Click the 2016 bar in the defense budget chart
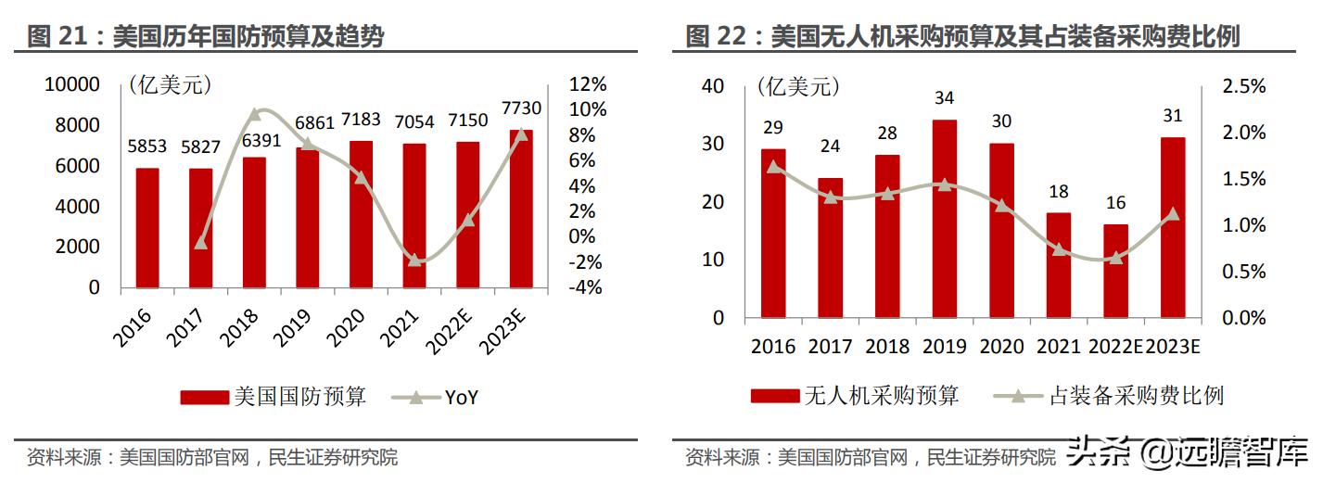click(147, 227)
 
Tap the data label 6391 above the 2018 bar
click(254, 141)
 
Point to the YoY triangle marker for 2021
click(414, 261)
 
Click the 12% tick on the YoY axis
click(587, 84)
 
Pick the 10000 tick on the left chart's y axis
click(72, 84)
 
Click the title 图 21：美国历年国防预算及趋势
click(206, 36)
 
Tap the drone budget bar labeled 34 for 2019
click(945, 218)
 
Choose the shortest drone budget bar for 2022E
click(1115, 271)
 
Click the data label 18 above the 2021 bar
click(1058, 192)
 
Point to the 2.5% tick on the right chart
click(1242, 86)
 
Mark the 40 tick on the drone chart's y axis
click(712, 86)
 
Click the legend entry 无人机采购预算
click(854, 396)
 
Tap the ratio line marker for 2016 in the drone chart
click(774, 167)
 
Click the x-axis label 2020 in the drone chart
click(1001, 347)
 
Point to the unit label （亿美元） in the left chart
click(171, 86)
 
